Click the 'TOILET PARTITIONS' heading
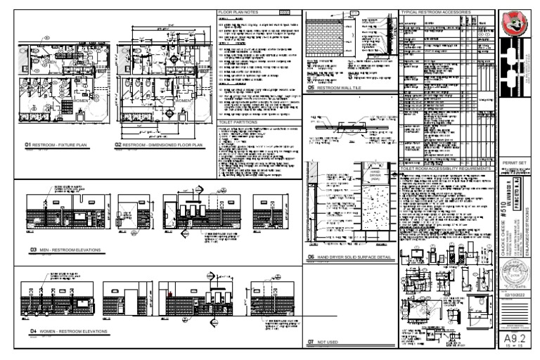click(240, 122)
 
